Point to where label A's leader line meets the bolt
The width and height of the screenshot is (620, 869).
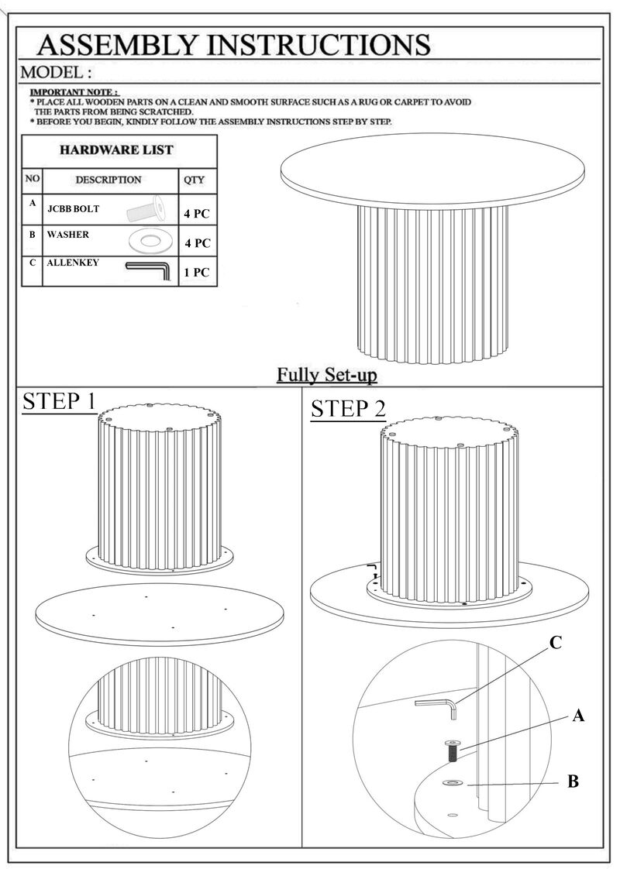coord(458,750)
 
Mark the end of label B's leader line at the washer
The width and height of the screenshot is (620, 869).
coord(467,785)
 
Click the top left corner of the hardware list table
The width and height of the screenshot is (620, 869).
coord(22,135)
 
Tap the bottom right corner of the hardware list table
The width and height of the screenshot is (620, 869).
coord(217,286)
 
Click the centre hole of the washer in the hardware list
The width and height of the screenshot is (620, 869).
coord(148,241)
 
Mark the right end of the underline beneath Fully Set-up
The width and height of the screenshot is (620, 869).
coord(377,383)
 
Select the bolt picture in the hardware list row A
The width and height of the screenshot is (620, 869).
coord(146,209)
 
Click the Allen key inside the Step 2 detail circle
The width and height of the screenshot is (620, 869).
coord(436,708)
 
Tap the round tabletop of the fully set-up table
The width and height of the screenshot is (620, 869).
coord(432,170)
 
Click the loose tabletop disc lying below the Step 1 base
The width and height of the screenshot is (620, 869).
coord(160,614)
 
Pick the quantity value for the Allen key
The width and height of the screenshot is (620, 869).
coord(197,272)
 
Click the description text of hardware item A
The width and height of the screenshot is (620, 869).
coord(73,209)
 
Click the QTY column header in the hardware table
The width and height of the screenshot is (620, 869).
coord(194,180)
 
